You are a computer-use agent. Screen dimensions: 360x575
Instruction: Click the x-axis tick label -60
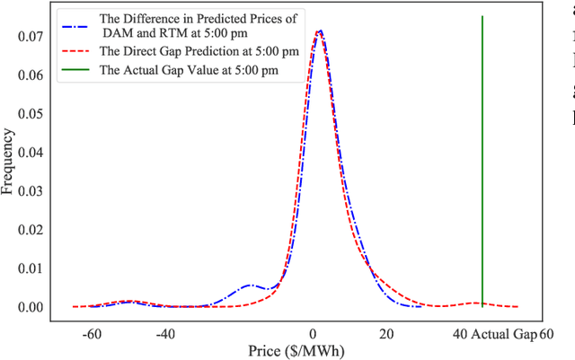(92, 334)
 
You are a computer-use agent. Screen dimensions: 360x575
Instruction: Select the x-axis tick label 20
(385, 334)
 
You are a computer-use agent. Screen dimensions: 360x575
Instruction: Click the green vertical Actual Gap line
(482, 162)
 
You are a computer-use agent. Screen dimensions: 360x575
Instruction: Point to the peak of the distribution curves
(319, 31)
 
